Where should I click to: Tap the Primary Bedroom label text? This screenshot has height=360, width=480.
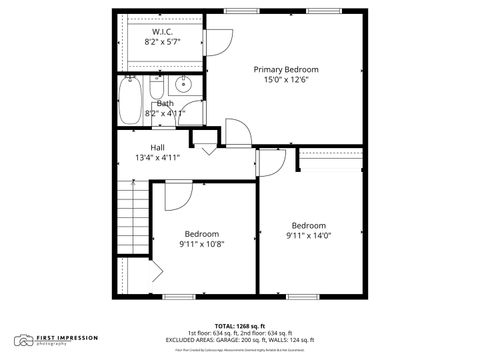(285, 69)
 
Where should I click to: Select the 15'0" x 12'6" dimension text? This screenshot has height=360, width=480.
(285, 80)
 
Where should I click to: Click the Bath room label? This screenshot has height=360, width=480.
(165, 103)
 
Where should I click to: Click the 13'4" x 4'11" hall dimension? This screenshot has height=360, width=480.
(157, 158)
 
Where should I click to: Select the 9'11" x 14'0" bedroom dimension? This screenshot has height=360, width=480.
(309, 236)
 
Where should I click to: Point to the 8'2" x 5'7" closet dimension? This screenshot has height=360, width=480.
(164, 43)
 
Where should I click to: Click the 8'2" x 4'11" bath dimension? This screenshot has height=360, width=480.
(165, 113)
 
